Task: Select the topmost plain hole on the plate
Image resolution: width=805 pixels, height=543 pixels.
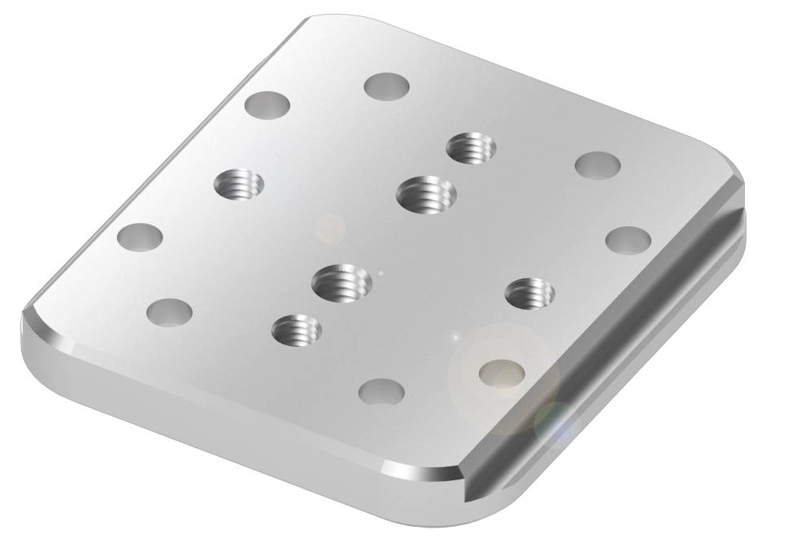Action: (x=385, y=85)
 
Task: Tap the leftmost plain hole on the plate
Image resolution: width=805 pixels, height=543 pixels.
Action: (x=140, y=237)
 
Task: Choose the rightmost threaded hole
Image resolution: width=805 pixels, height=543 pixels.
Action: (x=529, y=292)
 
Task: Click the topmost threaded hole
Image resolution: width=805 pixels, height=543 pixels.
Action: (x=471, y=147)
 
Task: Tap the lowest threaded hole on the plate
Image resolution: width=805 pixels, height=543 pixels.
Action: (x=296, y=330)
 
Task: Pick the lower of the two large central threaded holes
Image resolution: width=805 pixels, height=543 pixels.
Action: (x=342, y=282)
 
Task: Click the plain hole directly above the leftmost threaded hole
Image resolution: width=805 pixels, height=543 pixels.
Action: (x=268, y=105)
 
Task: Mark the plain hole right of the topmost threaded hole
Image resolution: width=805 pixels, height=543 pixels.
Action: (x=598, y=165)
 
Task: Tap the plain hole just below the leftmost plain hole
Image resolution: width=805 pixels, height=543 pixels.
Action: (x=169, y=312)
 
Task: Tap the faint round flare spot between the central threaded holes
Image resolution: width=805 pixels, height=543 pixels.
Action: (x=331, y=228)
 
